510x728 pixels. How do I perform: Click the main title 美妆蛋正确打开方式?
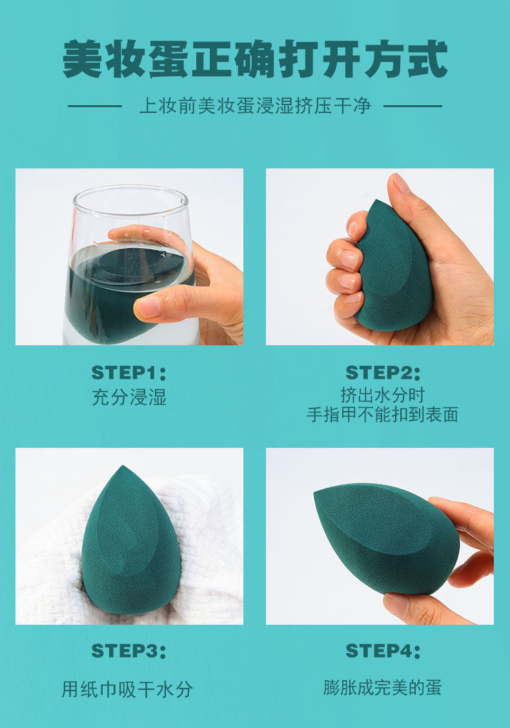pyautogui.click(x=255, y=59)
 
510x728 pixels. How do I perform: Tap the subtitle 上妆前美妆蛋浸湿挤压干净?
pyautogui.click(x=255, y=106)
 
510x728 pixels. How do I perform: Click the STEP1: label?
pyautogui.click(x=129, y=373)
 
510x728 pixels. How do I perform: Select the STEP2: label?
pyautogui.click(x=383, y=373)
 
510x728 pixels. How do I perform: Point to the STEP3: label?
pyautogui.click(x=129, y=651)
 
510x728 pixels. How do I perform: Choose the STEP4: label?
pyautogui.click(x=383, y=651)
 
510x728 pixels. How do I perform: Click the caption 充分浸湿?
pyautogui.click(x=129, y=397)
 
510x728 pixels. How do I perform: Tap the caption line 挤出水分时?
pyautogui.click(x=383, y=394)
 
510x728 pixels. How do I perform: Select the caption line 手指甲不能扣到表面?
pyautogui.click(x=383, y=414)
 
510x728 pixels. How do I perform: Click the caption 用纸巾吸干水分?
pyautogui.click(x=127, y=689)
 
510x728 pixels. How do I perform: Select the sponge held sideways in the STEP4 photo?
pyautogui.click(x=387, y=536)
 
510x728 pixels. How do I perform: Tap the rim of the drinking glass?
pyautogui.click(x=129, y=190)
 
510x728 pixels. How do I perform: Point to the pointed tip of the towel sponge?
pyautogui.click(x=121, y=469)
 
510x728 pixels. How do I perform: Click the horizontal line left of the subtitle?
pyautogui.click(x=95, y=106)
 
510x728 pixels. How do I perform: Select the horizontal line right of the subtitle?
pyautogui.click(x=413, y=106)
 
